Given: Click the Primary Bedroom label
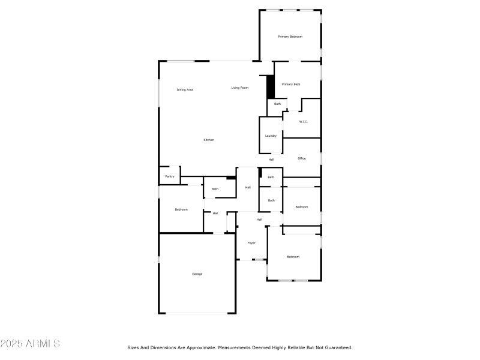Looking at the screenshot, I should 290,37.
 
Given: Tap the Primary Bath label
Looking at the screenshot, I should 291,84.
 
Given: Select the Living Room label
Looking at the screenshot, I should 240,88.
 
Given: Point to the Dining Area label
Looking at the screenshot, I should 185,89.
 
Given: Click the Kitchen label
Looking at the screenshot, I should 209,140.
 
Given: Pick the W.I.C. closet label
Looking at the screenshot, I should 304,122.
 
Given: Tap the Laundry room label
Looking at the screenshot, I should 271,136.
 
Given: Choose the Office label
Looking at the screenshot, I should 302,158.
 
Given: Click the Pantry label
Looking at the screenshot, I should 170,176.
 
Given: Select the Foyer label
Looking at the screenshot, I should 251,243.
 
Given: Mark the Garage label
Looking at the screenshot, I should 197,274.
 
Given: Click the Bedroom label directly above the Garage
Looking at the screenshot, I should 181,209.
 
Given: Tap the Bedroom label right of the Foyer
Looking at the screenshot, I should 293,257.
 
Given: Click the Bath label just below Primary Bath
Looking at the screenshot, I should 277,104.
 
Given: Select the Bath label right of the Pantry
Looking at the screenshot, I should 215,189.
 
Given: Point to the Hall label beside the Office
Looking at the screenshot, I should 271,160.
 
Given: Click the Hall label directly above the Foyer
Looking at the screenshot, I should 259,220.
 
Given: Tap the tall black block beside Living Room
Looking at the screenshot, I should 271,87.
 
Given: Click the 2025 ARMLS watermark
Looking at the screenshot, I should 30,344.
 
